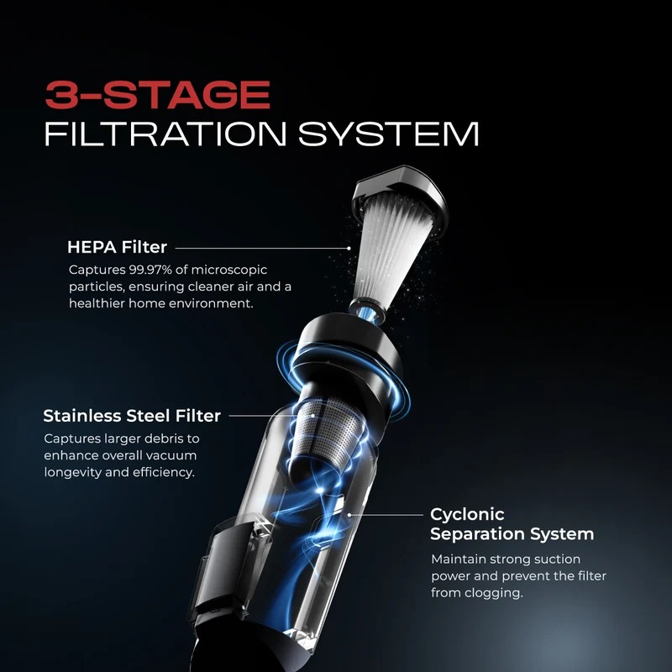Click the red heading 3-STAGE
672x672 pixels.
[157, 95]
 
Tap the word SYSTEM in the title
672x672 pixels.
[389, 134]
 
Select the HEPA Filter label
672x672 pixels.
[117, 247]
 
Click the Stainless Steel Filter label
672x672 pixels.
[132, 416]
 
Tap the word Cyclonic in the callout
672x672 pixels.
[467, 515]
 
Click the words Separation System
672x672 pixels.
[512, 534]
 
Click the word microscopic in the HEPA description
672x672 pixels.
[229, 270]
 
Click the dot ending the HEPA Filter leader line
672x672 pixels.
[349, 248]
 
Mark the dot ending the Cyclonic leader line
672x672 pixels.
[349, 515]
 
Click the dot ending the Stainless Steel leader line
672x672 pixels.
[313, 415]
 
